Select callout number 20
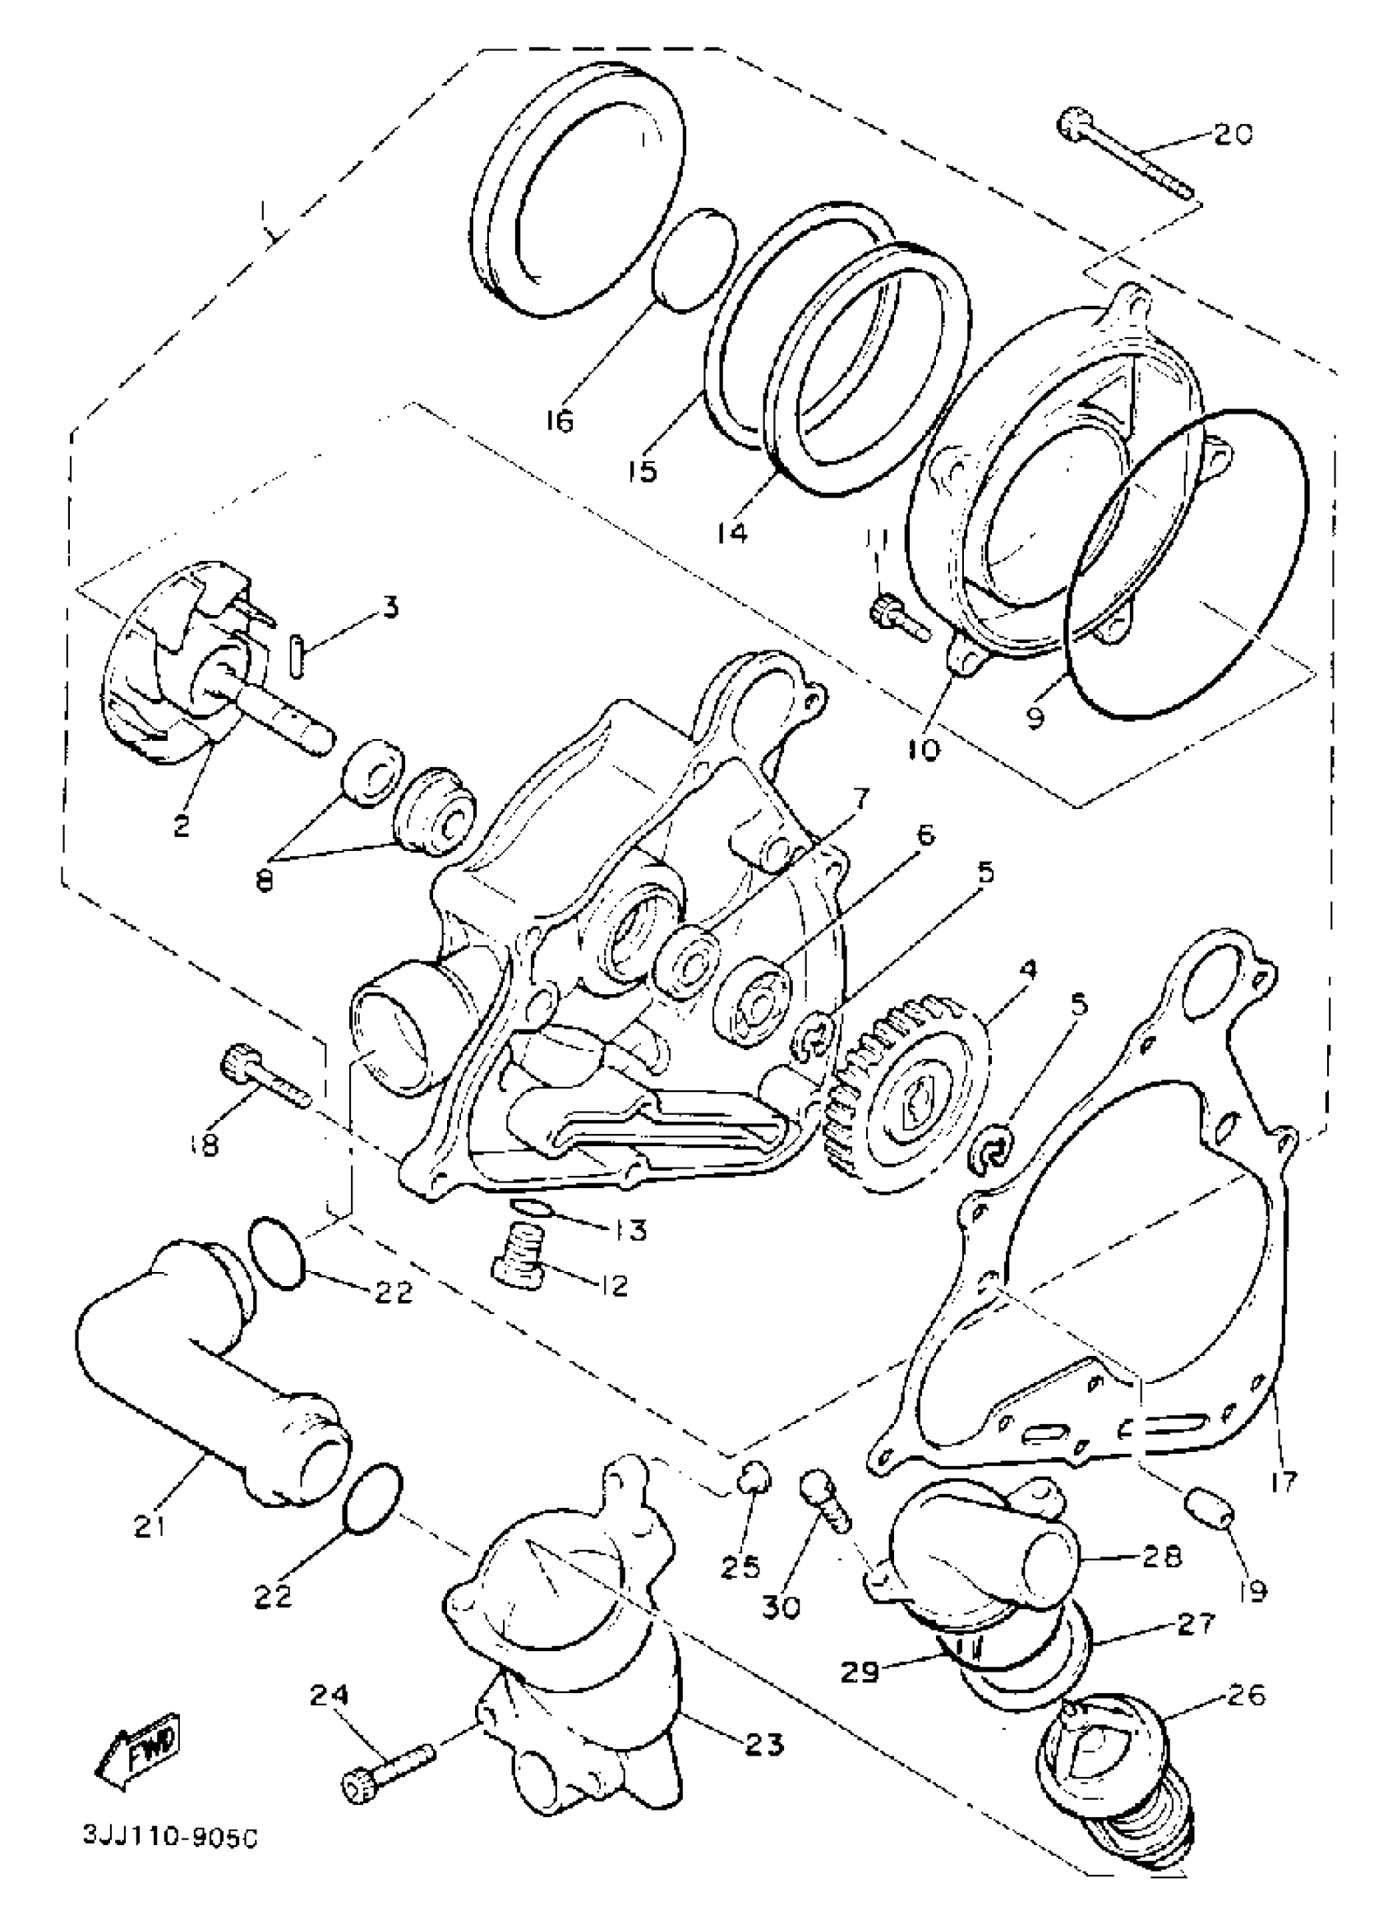1233,133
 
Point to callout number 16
560,420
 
